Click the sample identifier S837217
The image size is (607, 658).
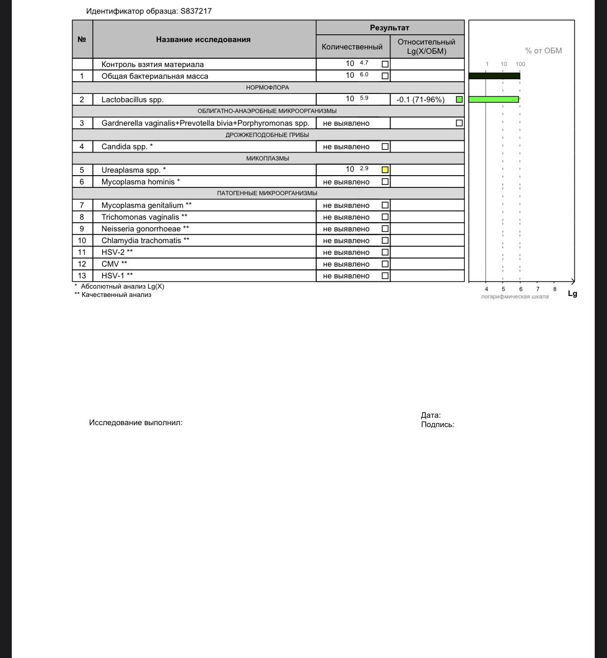point(196,11)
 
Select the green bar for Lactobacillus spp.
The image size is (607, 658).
point(494,99)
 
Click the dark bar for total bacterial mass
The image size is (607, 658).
point(494,76)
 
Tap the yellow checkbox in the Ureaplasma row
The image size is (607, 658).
point(385,170)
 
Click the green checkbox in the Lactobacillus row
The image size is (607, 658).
point(459,99)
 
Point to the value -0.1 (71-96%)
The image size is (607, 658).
point(420,100)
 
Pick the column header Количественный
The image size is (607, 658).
point(352,47)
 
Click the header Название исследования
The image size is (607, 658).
point(203,40)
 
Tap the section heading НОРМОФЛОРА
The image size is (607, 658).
point(267,88)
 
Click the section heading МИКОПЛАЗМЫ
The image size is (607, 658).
point(267,158)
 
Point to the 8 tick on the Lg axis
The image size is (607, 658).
point(555,289)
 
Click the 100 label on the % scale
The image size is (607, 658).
point(520,64)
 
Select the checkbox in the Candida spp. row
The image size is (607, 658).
point(385,146)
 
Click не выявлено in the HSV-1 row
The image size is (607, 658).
point(346,276)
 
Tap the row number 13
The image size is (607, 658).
point(82,276)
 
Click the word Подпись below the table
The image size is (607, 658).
point(437,425)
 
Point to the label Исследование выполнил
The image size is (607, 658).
point(135,423)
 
